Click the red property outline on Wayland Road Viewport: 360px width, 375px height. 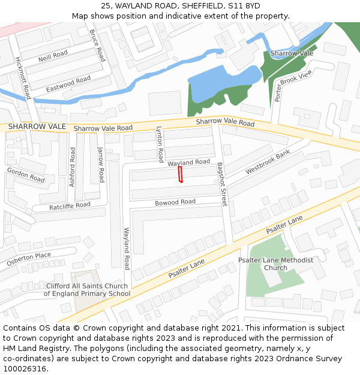pos(179,175)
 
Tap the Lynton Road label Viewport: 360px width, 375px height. pos(160,144)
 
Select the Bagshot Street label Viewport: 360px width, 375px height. pos(221,184)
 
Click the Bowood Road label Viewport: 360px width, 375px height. pos(175,202)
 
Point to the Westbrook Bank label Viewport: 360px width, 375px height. pos(268,162)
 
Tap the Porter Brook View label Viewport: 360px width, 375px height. pos(293,85)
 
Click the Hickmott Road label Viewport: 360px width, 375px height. pos(23,78)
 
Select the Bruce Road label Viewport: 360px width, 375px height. pos(97,45)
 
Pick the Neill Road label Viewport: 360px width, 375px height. pos(53,56)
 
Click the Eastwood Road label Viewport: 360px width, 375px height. pos(68,83)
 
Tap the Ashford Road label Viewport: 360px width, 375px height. pos(72,167)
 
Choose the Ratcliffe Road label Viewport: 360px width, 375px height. pos(70,206)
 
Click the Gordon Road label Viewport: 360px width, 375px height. pos(26,175)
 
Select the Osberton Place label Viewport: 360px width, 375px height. pos(29,259)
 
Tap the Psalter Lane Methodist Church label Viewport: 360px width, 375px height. pos(275,263)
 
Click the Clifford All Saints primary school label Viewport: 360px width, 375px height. pos(87,290)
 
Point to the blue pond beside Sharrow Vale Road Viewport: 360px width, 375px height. pos(219,87)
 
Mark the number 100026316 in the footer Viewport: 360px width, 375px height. pos(24,369)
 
